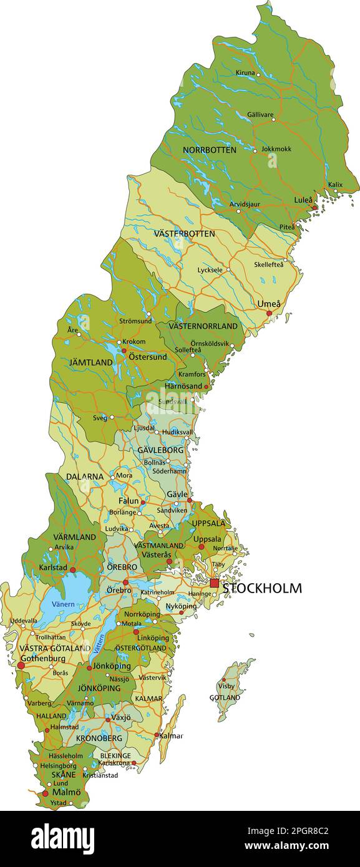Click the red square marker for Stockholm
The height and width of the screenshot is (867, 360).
pyautogui.click(x=215, y=583)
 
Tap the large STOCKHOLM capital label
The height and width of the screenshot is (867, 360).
pyautogui.click(x=262, y=588)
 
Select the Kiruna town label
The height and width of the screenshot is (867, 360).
pyautogui.click(x=245, y=73)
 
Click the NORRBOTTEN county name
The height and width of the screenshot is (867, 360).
pyautogui.click(x=209, y=150)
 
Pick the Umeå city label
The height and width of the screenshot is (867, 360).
pyautogui.click(x=269, y=304)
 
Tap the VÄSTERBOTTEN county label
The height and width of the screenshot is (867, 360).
pyautogui.click(x=184, y=233)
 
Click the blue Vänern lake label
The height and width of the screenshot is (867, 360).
pyautogui.click(x=63, y=604)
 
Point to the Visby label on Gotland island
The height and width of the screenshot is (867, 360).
pyautogui.click(x=226, y=686)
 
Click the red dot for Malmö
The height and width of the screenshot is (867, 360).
pyautogui.click(x=45, y=793)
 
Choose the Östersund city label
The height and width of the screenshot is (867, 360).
pyautogui.click(x=147, y=357)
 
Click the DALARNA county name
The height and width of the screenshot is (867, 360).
pyautogui.click(x=85, y=476)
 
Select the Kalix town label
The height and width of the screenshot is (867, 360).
pyautogui.click(x=335, y=185)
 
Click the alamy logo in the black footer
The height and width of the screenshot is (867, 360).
pyautogui.click(x=63, y=837)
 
